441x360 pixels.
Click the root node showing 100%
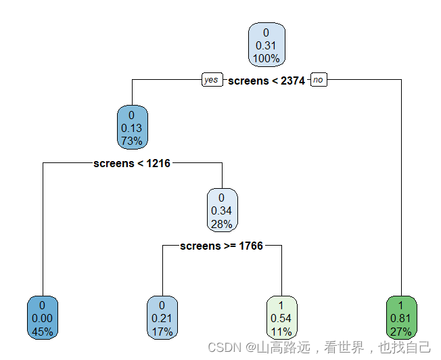[266, 45]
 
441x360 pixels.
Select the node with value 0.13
[131, 128]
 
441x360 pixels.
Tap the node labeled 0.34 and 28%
[221, 210]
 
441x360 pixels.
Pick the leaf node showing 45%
[42, 318]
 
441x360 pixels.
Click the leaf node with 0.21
[162, 318]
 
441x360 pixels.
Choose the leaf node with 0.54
[281, 318]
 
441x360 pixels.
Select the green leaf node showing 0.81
[402, 318]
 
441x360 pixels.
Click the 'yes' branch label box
[211, 80]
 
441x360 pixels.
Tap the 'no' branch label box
[318, 80]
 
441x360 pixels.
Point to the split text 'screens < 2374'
[266, 81]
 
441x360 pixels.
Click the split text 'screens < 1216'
[132, 163]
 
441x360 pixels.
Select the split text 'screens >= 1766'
[221, 246]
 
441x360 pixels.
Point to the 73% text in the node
[131, 141]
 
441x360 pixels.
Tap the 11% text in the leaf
[281, 332]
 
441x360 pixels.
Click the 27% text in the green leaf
[402, 332]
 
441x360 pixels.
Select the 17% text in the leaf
[162, 332]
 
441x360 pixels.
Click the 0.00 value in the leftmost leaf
[42, 319]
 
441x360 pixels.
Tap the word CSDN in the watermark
[225, 348]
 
